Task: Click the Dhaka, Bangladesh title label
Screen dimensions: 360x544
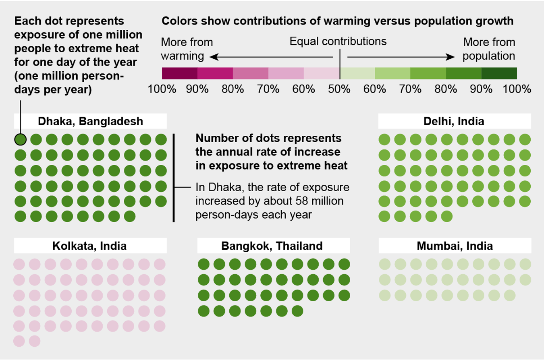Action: click(x=90, y=121)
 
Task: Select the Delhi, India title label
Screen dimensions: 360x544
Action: click(x=454, y=121)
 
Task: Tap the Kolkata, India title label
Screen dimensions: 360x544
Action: click(x=90, y=245)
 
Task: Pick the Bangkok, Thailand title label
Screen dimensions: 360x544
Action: click(x=272, y=245)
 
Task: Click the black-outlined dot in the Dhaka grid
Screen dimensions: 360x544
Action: click(x=20, y=139)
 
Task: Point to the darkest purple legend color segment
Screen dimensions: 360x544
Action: click(x=179, y=73)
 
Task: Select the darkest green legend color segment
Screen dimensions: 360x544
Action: click(x=499, y=73)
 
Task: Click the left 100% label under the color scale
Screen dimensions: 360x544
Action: click(x=162, y=89)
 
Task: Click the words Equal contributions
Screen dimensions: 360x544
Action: click(x=338, y=41)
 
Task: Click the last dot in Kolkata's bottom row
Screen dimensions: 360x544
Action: click(x=35, y=341)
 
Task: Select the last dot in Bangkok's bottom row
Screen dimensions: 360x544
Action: click(x=297, y=311)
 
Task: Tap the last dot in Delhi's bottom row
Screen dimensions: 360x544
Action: click(x=447, y=217)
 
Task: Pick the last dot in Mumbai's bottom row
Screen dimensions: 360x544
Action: click(x=509, y=295)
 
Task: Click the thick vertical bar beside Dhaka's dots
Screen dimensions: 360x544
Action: click(x=174, y=178)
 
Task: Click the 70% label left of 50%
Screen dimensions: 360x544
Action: click(x=268, y=89)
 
